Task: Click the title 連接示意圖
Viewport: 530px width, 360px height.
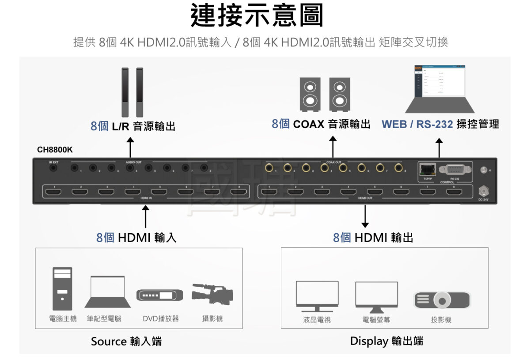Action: (257, 16)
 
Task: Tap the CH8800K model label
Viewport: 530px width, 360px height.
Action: (55, 150)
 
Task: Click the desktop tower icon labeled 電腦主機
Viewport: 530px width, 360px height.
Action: (62, 288)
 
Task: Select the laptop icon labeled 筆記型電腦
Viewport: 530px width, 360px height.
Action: (107, 292)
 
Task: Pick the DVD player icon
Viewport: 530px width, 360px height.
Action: (159, 295)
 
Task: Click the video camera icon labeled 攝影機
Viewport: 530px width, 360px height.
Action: (212, 293)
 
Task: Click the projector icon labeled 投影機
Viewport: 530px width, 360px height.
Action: (441, 299)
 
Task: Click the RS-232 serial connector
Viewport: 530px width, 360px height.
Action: (454, 170)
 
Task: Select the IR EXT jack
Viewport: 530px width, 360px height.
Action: (54, 168)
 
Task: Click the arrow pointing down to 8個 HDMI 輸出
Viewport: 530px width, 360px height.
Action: (365, 216)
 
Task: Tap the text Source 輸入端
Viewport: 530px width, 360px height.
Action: (126, 341)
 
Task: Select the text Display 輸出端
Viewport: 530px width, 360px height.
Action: (386, 341)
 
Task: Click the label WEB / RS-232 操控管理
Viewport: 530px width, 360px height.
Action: (440, 125)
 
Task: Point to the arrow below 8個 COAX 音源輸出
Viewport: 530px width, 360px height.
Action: (333, 146)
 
